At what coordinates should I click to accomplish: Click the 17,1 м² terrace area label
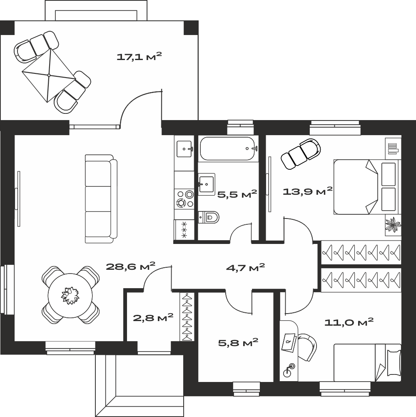(139, 57)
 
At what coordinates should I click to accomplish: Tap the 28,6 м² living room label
(130, 266)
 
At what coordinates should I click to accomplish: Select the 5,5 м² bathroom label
(237, 194)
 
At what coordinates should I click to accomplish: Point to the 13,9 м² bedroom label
(308, 191)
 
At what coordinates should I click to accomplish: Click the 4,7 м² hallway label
(245, 268)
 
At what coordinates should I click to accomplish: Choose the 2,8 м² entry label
(153, 317)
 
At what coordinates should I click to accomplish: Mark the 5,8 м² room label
(238, 342)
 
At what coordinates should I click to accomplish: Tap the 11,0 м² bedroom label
(349, 322)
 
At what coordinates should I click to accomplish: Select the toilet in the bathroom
(209, 217)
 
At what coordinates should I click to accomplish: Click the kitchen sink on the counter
(184, 149)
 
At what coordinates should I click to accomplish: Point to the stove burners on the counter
(184, 199)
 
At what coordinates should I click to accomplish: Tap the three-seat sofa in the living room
(101, 198)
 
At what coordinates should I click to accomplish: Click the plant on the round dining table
(70, 296)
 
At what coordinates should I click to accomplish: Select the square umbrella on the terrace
(49, 75)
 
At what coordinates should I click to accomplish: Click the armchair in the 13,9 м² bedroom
(301, 154)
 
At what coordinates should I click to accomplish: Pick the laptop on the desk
(289, 342)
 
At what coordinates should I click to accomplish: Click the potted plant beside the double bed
(393, 225)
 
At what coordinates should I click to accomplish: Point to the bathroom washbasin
(206, 184)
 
